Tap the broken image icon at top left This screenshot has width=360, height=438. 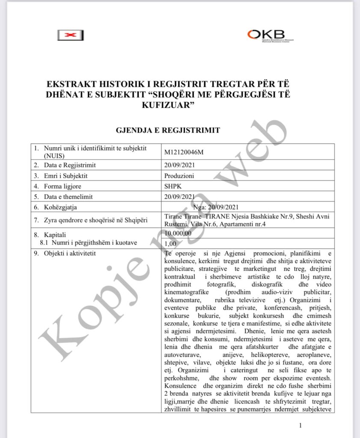71,36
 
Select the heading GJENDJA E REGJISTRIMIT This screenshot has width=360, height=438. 168,130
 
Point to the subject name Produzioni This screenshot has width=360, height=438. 179,175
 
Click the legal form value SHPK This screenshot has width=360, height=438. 173,186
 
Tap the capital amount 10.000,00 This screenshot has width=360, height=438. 178,233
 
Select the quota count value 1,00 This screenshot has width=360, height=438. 171,243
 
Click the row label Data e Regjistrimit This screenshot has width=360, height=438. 69,165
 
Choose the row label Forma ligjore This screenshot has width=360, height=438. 62,186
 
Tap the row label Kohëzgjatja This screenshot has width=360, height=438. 60,207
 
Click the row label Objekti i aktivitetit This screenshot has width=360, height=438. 71,254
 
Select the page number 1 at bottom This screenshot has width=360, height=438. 301,425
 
